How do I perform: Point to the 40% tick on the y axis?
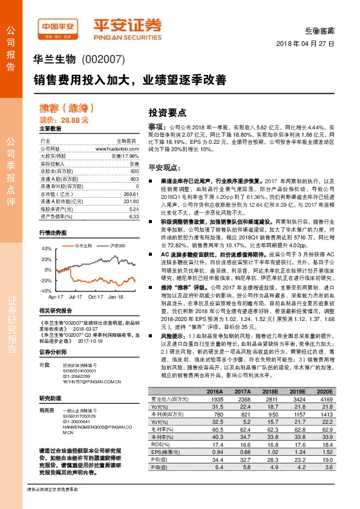[x=47, y=249]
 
